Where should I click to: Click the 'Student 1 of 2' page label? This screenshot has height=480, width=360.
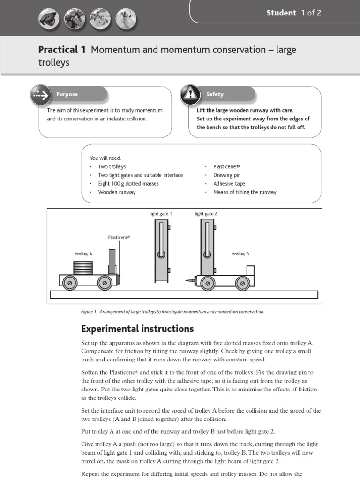click(x=293, y=13)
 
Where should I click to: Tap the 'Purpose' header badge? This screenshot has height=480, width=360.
click(x=67, y=94)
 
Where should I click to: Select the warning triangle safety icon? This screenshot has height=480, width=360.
click(x=189, y=94)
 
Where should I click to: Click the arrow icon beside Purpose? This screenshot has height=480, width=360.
click(x=40, y=95)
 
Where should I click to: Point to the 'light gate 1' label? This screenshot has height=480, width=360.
click(x=161, y=214)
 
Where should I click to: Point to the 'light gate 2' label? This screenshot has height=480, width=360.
click(x=206, y=214)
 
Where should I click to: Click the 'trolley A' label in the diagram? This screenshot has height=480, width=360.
click(x=84, y=254)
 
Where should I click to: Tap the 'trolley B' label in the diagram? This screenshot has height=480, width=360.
click(x=240, y=254)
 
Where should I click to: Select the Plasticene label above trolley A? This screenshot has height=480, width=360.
click(x=119, y=237)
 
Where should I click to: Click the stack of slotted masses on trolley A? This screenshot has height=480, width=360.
click(x=83, y=268)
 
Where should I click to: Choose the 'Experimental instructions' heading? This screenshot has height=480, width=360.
click(x=137, y=328)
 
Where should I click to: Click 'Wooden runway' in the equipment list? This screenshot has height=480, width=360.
click(x=117, y=192)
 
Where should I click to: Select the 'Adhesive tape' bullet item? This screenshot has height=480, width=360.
click(x=229, y=184)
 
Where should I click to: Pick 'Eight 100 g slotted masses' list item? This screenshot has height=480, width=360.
click(x=128, y=184)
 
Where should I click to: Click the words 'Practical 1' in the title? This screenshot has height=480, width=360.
click(x=62, y=50)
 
